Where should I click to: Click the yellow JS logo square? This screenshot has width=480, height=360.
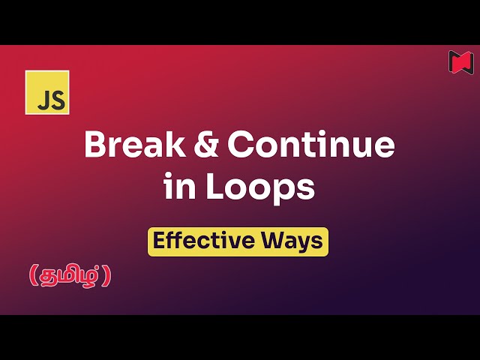(x=47, y=92)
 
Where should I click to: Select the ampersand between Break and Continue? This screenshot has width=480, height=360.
(x=208, y=145)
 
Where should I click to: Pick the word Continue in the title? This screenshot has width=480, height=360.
(x=311, y=145)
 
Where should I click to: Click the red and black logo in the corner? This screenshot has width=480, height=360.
(x=461, y=61)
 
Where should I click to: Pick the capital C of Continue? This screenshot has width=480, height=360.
(x=242, y=145)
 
